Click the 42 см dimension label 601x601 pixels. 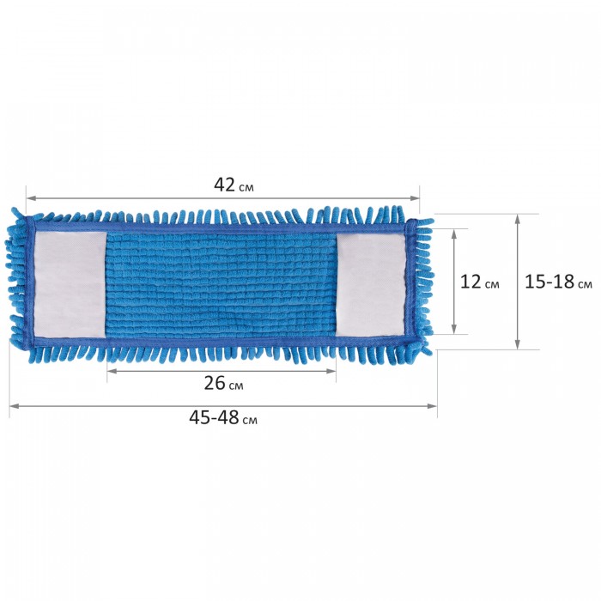(234, 185)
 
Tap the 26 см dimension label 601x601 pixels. (223, 383)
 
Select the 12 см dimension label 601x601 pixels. (479, 282)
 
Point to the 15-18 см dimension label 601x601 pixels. (558, 282)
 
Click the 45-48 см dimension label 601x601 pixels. (223, 417)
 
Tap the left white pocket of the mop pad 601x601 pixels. (70, 285)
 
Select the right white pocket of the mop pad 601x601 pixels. (370, 285)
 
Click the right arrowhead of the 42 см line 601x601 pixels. (415, 198)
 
